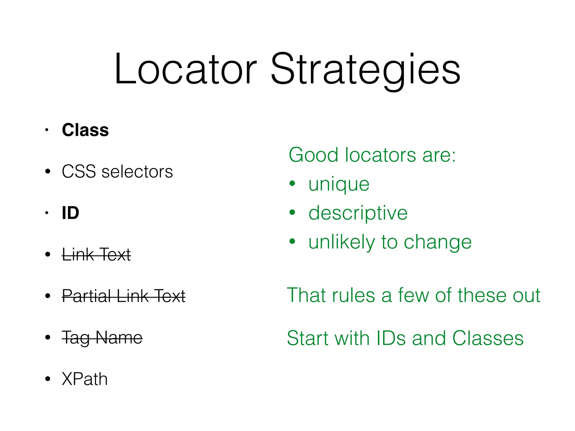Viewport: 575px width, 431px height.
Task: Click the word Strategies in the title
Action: [366, 70]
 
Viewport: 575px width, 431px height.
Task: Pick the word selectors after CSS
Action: [137, 171]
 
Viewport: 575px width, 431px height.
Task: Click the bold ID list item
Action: [70, 213]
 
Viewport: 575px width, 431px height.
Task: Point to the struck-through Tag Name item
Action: [102, 337]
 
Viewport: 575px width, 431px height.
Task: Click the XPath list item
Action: [85, 379]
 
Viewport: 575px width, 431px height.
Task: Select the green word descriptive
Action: [358, 213]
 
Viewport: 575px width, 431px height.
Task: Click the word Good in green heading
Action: [313, 155]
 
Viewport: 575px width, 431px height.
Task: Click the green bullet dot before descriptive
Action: [292, 212]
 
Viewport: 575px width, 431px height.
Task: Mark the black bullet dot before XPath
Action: [48, 379]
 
